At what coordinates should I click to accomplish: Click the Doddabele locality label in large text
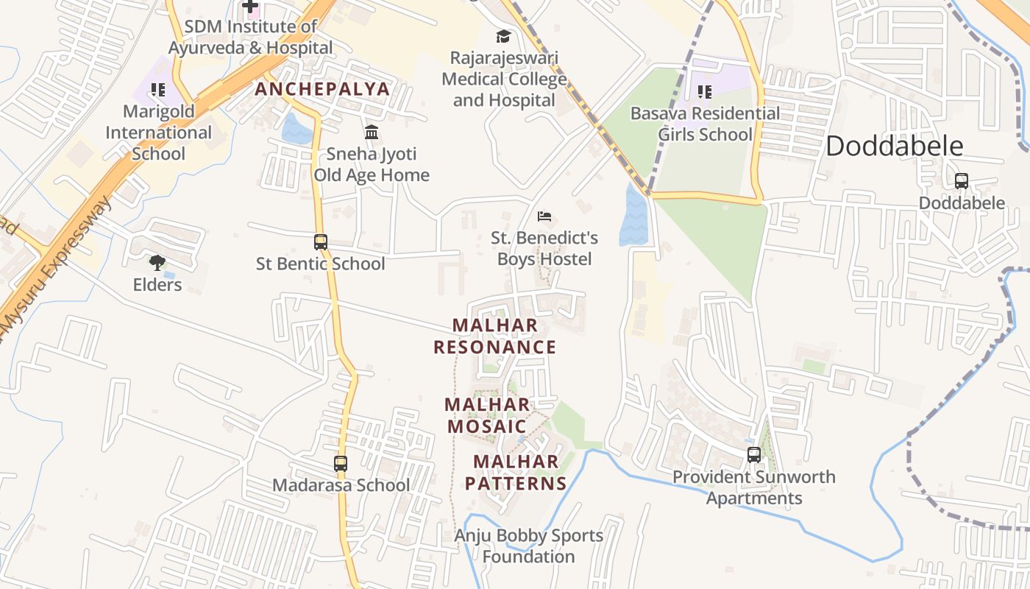click(894, 146)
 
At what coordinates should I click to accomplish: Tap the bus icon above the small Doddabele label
click(961, 181)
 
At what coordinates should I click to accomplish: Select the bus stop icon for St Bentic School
click(320, 242)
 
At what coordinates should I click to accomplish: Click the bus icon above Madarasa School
click(340, 464)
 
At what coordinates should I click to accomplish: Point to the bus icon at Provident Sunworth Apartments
click(754, 455)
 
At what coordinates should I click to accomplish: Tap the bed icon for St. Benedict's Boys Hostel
click(544, 216)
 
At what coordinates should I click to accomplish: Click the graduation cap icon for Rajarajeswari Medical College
click(503, 36)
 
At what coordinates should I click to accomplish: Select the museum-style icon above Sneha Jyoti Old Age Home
click(372, 133)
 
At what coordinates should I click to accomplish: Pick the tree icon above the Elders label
click(157, 263)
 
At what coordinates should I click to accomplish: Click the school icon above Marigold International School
click(157, 90)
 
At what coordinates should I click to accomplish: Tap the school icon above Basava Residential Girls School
click(705, 92)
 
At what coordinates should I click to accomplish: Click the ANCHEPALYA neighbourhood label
click(322, 90)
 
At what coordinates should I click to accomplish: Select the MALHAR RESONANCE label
click(494, 336)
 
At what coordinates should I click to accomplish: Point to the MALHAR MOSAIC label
click(487, 415)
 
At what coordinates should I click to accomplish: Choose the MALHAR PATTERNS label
click(516, 473)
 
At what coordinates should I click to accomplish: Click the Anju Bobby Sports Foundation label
click(528, 546)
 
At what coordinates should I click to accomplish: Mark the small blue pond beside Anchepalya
click(296, 130)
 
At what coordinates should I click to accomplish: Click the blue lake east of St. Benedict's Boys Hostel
click(633, 216)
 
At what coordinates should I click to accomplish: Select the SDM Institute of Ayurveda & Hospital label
click(250, 37)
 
